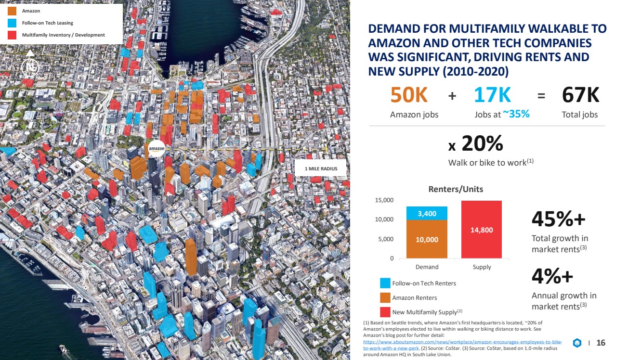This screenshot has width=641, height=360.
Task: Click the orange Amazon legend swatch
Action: click(x=12, y=11)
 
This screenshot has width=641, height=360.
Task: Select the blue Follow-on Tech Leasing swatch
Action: click(x=12, y=23)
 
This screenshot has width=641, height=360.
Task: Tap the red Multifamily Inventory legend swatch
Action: click(x=12, y=35)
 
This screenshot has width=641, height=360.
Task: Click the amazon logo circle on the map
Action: click(x=157, y=148)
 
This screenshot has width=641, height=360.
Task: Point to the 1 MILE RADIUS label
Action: click(x=321, y=169)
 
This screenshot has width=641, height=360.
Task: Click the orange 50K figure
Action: click(x=409, y=95)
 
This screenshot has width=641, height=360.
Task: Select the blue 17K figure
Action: click(x=492, y=95)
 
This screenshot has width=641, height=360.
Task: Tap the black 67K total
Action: click(x=580, y=95)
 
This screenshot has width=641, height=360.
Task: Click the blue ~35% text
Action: click(x=516, y=114)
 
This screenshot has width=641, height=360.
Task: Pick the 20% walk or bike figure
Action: click(x=482, y=143)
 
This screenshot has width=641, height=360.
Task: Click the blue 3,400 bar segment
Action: click(x=427, y=213)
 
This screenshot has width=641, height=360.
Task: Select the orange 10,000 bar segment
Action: click(x=427, y=239)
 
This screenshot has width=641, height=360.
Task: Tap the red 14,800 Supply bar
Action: click(x=482, y=230)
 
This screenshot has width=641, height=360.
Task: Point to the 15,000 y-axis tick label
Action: click(x=384, y=200)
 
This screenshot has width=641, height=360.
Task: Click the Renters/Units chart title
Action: click(x=456, y=189)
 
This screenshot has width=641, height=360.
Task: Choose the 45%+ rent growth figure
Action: click(x=558, y=219)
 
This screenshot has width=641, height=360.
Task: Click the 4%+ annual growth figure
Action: click(x=552, y=276)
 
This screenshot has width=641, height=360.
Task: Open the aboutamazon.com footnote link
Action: click(x=462, y=345)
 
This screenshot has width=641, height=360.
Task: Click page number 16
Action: click(x=601, y=343)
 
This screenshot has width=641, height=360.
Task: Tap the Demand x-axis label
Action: click(x=427, y=267)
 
